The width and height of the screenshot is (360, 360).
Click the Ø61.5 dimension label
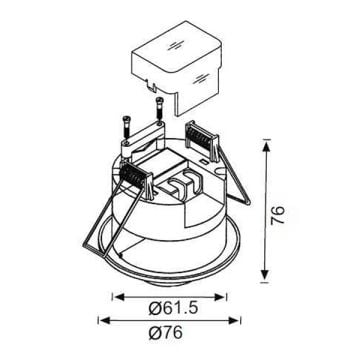coord(173,309)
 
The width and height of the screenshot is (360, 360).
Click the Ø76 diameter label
coord(166,333)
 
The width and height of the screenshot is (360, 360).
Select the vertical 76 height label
coord(277,215)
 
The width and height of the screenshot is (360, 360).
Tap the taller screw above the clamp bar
coord(160,110)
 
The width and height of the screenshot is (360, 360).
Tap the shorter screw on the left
coord(126,128)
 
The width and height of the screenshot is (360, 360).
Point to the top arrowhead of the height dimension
coord(265,146)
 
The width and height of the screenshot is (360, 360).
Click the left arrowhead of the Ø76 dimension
coord(105,321)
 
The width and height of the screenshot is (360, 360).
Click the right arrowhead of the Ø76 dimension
coord(233,321)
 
